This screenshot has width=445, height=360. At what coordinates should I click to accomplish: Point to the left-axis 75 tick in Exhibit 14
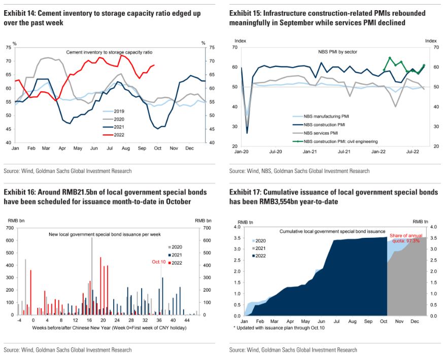pyautogui.click(x=9, y=47)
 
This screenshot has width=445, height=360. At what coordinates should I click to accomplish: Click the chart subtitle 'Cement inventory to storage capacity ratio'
pyautogui.click(x=109, y=52)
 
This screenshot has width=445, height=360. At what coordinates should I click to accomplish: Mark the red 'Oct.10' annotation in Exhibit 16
pyautogui.click(x=159, y=262)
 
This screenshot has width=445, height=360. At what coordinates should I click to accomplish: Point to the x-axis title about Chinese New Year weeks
pyautogui.click(x=102, y=328)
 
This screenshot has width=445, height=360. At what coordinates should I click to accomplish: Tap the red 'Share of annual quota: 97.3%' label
pyautogui.click(x=404, y=238)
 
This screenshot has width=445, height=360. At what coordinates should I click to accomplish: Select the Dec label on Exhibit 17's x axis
pyautogui.click(x=415, y=321)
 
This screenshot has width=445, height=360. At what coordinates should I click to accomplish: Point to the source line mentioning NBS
pyautogui.click(x=299, y=171)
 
